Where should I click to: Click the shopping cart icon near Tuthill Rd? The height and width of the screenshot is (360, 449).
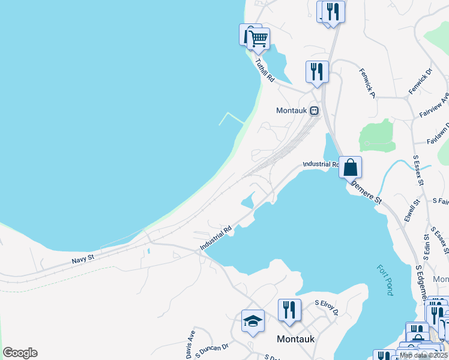259,39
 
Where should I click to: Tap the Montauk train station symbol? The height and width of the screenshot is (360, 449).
314,110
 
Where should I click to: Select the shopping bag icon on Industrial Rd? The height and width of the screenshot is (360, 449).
351,166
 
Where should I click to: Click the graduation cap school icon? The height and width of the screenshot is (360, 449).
253,322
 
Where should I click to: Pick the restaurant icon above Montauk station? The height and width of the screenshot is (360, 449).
316,71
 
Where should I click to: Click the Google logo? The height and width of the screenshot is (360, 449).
20,353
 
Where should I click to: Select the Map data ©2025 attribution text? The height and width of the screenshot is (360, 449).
423,355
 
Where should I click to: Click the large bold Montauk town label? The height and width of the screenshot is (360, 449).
296,339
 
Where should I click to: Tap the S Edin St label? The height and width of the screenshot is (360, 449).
427,257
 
